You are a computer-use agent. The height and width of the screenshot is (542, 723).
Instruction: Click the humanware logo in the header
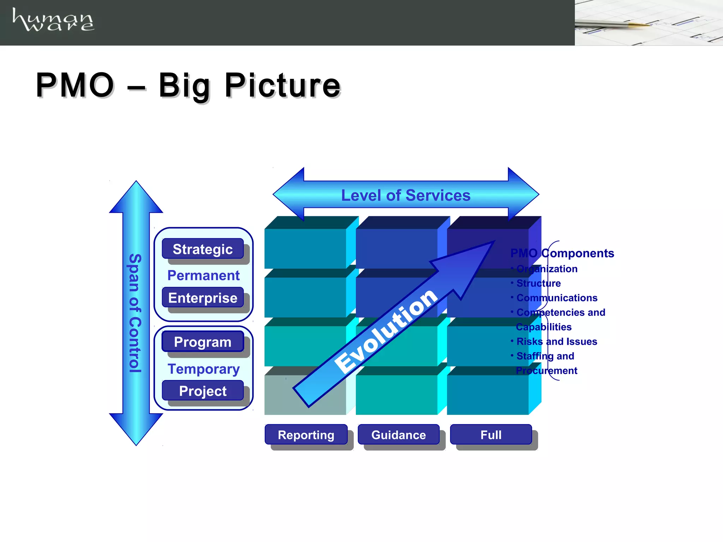click(x=53, y=20)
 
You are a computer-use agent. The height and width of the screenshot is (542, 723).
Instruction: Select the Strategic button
click(x=203, y=249)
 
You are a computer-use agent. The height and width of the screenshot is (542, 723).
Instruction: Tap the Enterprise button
click(x=203, y=297)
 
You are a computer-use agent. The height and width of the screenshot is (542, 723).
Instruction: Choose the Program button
click(x=203, y=342)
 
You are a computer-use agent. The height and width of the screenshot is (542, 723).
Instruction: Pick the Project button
click(x=203, y=391)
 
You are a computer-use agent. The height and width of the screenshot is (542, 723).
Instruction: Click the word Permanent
click(x=203, y=275)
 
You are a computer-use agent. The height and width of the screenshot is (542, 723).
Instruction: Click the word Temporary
click(x=204, y=369)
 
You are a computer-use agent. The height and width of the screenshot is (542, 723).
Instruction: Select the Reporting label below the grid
click(x=306, y=434)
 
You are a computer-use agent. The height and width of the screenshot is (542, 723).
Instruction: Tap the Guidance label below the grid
click(x=399, y=434)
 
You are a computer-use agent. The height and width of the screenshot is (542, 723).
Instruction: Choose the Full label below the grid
click(x=491, y=434)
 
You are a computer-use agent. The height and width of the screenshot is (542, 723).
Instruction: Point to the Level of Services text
click(x=406, y=195)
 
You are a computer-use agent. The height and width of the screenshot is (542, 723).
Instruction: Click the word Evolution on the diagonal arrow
click(x=386, y=330)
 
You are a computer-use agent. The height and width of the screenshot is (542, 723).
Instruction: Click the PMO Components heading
click(x=562, y=253)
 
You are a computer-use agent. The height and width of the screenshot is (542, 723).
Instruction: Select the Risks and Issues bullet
click(x=556, y=341)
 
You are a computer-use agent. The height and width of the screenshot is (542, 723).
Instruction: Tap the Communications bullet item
click(x=556, y=297)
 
